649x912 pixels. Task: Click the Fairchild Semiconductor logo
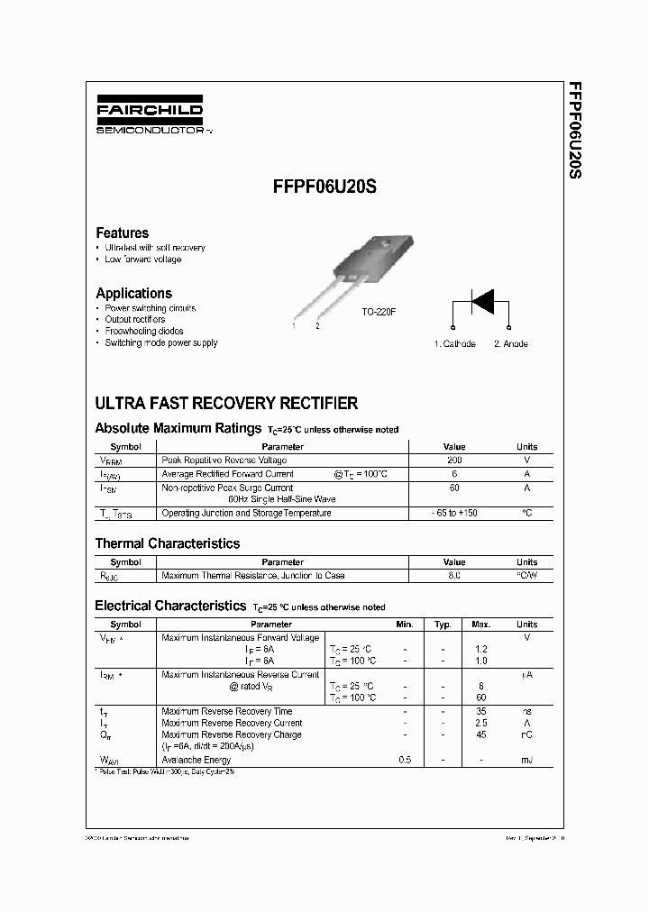pos(150,116)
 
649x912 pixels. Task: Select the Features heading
pos(122,233)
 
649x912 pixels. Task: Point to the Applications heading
pos(133,293)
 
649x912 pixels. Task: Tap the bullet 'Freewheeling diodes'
pos(143,332)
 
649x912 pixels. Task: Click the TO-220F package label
pos(379,311)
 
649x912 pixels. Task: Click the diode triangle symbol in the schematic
pos(482,302)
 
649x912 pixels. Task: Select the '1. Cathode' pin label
pos(455,344)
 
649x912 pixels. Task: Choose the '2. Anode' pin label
pos(511,344)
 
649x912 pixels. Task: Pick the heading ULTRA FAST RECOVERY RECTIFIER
pos(226,404)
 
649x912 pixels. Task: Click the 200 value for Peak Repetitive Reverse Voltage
pos(454,461)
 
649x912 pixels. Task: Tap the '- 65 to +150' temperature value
pos(454,514)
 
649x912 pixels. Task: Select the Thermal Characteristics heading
pos(168,543)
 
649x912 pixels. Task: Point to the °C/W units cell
pos(526,575)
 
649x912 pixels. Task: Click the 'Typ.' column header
pos(443,624)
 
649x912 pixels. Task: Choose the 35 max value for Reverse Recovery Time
pos(480,712)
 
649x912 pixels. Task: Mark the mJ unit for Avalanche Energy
pos(526,761)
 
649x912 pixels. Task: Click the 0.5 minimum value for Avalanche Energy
pos(405,761)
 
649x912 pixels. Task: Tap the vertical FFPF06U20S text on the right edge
pos(574,131)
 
